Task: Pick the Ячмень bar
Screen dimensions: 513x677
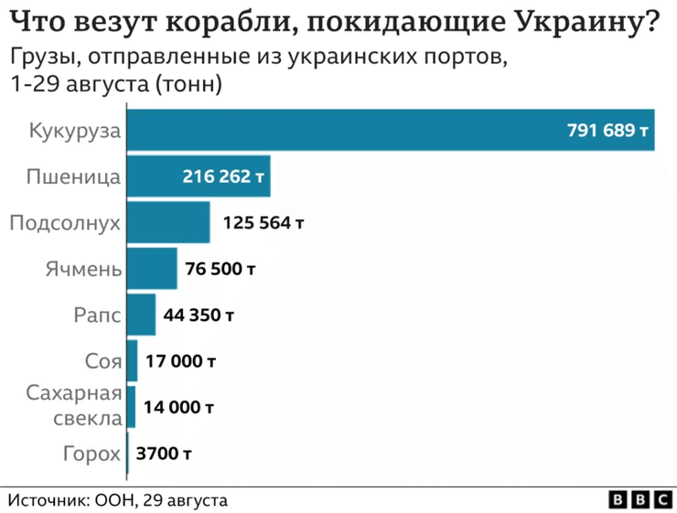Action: tap(151, 269)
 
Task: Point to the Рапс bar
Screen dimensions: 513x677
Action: tap(141, 315)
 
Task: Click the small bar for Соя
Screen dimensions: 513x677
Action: tap(132, 360)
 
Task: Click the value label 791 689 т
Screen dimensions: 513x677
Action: tap(607, 131)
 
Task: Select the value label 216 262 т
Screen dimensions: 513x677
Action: tap(224, 176)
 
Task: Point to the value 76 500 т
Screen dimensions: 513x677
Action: tap(220, 269)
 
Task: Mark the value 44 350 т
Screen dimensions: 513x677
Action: tap(199, 315)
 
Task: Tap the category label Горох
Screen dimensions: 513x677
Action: tap(91, 453)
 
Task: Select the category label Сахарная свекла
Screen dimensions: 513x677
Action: tap(86, 407)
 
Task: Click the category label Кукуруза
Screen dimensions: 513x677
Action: tap(75, 131)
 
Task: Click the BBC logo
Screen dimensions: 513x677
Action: tap(639, 499)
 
